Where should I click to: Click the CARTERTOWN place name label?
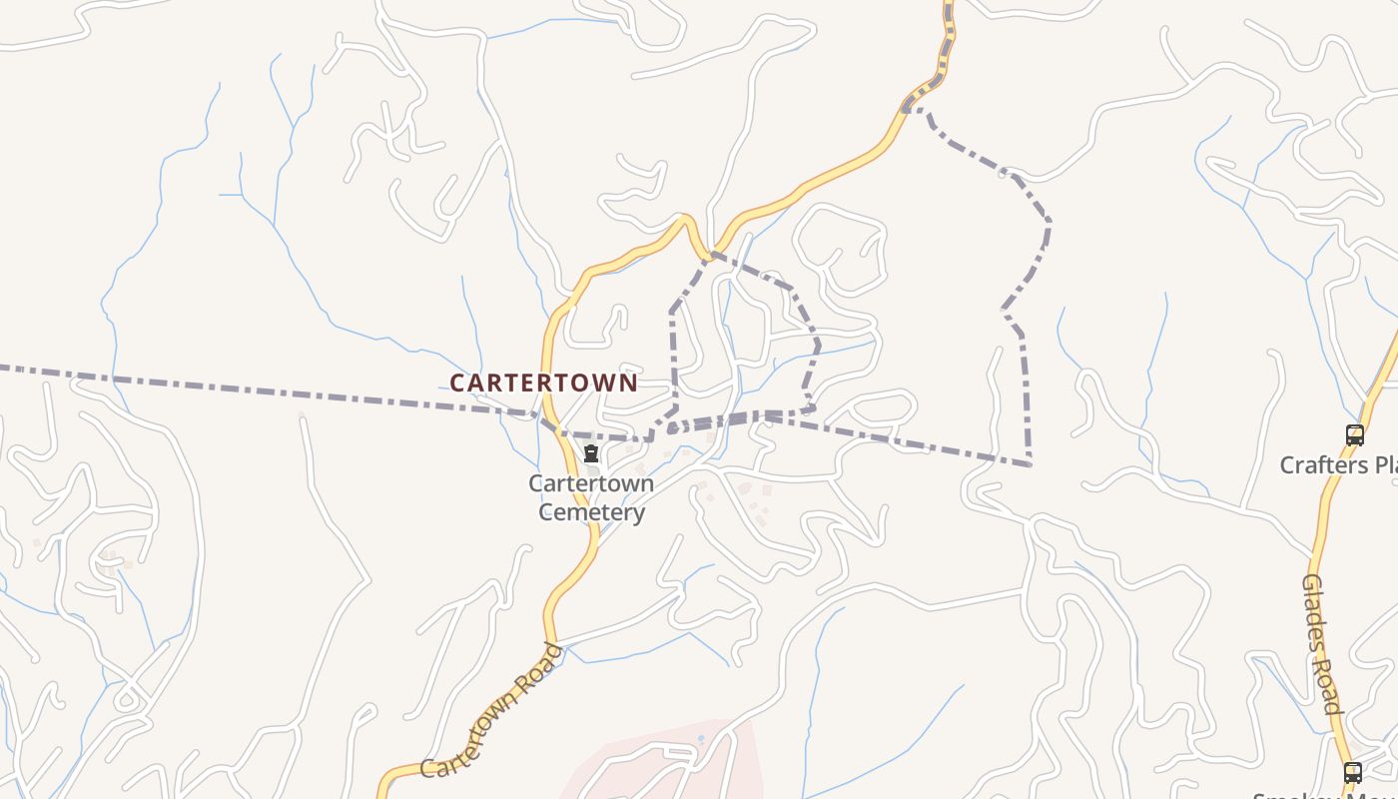pyautogui.click(x=543, y=383)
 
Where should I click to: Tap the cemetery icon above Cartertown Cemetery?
pyautogui.click(x=591, y=453)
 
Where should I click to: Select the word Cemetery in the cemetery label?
pyautogui.click(x=591, y=512)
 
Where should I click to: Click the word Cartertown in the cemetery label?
pyautogui.click(x=591, y=483)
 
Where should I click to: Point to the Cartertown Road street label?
pyautogui.click(x=490, y=711)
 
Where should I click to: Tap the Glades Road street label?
pyautogui.click(x=1321, y=644)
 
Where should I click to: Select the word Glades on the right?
pyautogui.click(x=1314, y=610)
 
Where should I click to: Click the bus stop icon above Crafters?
pyautogui.click(x=1354, y=435)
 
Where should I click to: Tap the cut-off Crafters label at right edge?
pyautogui.click(x=1338, y=465)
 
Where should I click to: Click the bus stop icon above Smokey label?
pyautogui.click(x=1352, y=772)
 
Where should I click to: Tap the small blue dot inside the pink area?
pyautogui.click(x=701, y=739)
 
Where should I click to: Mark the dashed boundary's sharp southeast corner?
pyautogui.click(x=1030, y=464)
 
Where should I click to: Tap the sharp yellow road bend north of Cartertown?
pyautogui.click(x=685, y=218)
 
